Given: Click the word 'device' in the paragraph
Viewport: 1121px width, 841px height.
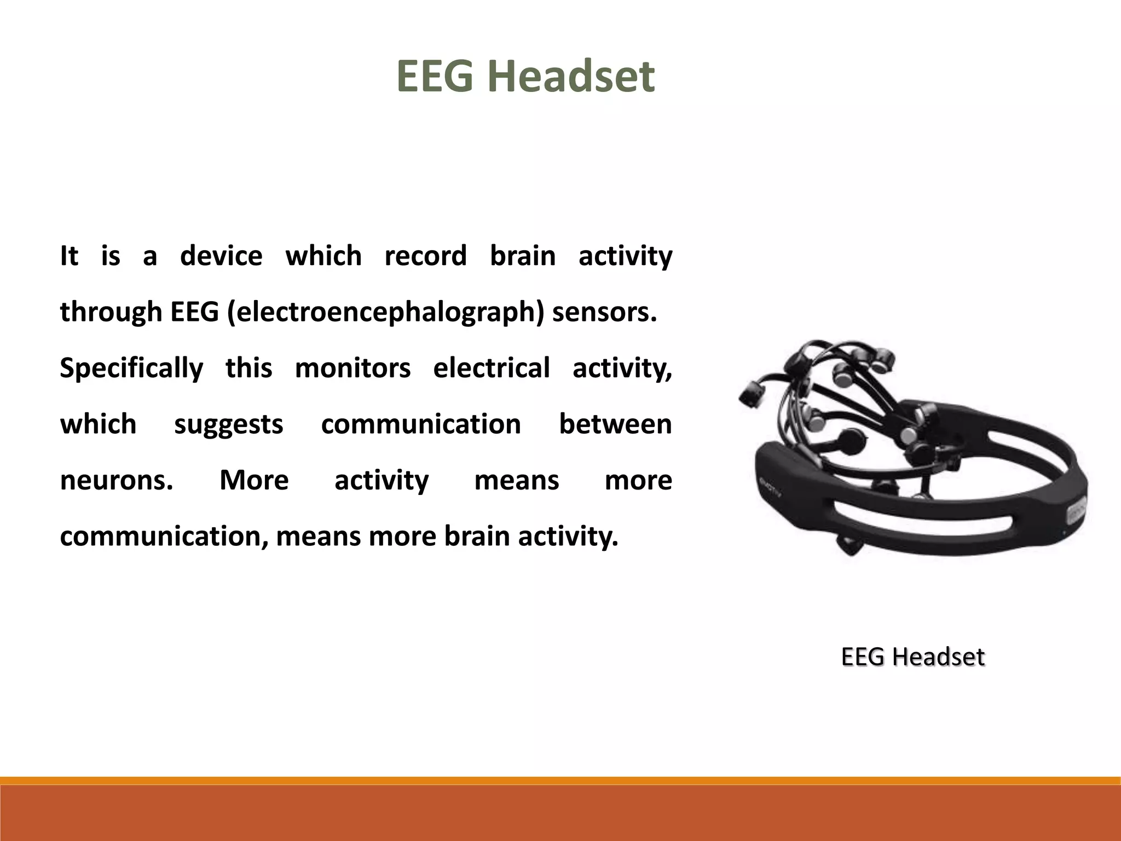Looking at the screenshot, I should [x=221, y=256].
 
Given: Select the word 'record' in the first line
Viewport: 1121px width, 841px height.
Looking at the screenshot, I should [x=425, y=256].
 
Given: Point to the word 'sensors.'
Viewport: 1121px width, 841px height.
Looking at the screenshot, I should [x=604, y=312].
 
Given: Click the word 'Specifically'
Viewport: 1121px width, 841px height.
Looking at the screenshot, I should [x=131, y=368].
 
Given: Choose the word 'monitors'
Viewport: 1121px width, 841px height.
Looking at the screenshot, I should [x=353, y=368].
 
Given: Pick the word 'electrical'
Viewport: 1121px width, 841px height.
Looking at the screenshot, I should [x=491, y=368].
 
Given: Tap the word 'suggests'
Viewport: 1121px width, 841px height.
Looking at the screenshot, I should [x=229, y=424].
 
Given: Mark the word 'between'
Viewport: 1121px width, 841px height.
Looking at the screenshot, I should [x=615, y=424].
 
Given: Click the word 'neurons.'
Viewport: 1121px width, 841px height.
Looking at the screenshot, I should [x=117, y=480].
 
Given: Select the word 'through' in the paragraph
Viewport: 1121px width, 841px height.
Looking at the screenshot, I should [x=111, y=312].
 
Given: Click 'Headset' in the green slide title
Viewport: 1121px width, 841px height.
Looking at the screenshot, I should [x=571, y=76].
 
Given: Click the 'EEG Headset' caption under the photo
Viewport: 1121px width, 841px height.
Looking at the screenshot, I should [x=912, y=656].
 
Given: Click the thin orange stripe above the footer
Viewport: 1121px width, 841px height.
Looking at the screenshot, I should [x=560, y=780].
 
